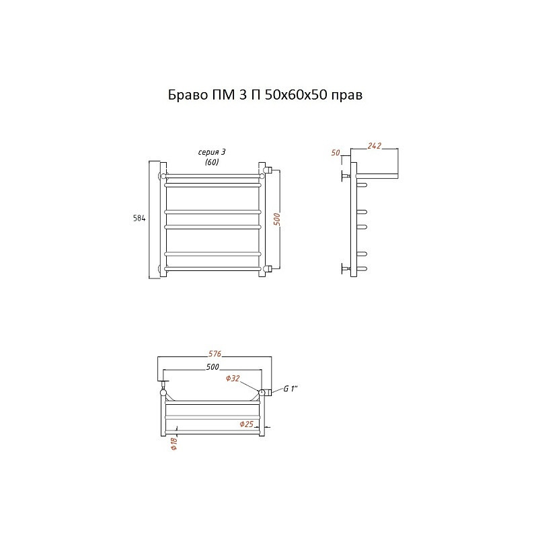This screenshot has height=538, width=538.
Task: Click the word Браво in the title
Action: point(188,95)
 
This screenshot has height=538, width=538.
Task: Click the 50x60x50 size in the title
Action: point(296,95)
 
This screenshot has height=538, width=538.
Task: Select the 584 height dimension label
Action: point(139,218)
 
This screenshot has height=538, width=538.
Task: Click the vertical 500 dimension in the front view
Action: point(277,220)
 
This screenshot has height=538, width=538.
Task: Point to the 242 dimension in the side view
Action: point(374,145)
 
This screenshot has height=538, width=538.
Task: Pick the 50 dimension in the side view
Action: point(336,153)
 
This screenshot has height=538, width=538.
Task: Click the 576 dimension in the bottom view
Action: point(215,354)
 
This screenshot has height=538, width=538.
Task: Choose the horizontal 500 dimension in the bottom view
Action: point(213,367)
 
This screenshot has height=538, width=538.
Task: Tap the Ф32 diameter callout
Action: point(233,379)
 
